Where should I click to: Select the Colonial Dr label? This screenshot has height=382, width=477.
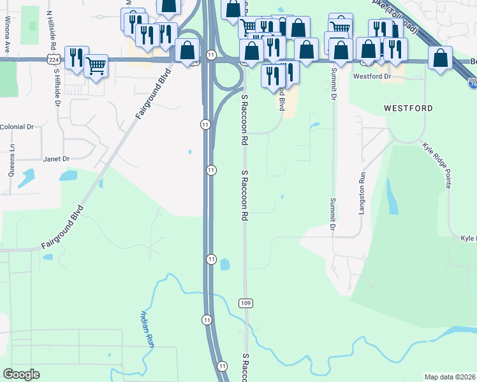pyautogui.click(x=17, y=127)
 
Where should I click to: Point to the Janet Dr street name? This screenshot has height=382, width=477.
pyautogui.click(x=55, y=159)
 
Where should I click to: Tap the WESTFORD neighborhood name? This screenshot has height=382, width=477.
pyautogui.click(x=408, y=108)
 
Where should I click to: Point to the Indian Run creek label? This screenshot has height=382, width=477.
pyautogui.click(x=147, y=329)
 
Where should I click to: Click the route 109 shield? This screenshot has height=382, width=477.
pyautogui.click(x=246, y=302)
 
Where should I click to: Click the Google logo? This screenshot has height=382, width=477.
pyautogui.click(x=21, y=374)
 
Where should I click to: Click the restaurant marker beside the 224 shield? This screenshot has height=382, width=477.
pyautogui.click(x=76, y=56)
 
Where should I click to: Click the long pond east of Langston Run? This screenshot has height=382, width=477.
pyautogui.click(x=392, y=197)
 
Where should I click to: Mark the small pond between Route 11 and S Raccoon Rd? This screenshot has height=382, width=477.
pyautogui.click(x=224, y=264)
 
